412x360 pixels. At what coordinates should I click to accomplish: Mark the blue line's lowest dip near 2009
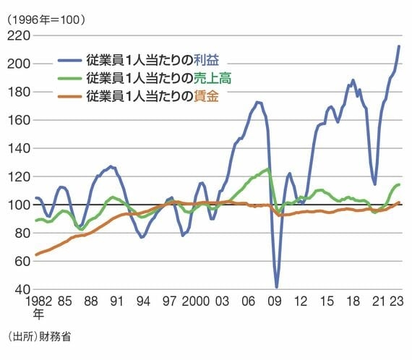point(277,287)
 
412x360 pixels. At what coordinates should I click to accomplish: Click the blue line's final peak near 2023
point(400,46)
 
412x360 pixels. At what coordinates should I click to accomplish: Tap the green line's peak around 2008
point(267,169)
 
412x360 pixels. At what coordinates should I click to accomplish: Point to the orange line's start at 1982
point(35,254)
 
